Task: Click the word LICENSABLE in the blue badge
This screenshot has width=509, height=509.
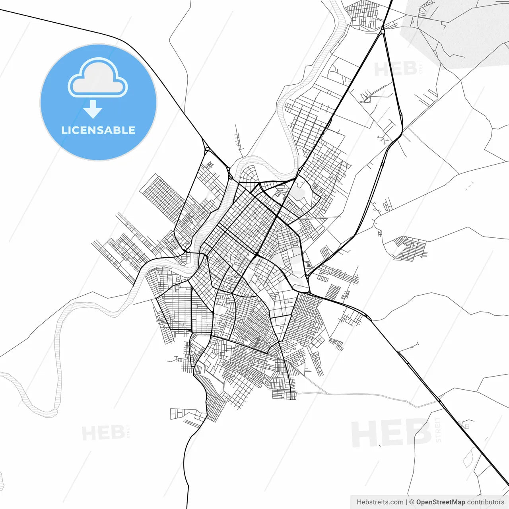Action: click(x=98, y=130)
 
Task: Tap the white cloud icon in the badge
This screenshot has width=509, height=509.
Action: click(x=98, y=78)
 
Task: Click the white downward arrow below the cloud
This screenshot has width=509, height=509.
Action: click(x=93, y=109)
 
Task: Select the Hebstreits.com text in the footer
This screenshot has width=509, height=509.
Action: click(x=380, y=502)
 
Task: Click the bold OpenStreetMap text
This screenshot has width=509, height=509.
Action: click(x=441, y=502)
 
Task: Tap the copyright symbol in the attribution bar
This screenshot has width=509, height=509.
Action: click(x=412, y=502)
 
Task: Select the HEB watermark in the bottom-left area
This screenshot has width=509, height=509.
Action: click(x=103, y=433)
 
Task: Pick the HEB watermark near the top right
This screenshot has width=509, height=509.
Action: click(x=395, y=69)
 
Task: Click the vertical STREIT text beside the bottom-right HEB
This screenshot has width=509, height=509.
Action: click(x=438, y=429)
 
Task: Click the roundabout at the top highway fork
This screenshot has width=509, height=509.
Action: click(x=383, y=31)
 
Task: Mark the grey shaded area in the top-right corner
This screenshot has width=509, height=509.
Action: click(x=457, y=32)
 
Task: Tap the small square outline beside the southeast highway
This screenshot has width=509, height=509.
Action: click(x=467, y=426)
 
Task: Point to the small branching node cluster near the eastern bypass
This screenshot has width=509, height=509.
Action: click(x=383, y=139)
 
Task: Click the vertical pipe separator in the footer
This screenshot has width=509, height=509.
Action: click(x=406, y=502)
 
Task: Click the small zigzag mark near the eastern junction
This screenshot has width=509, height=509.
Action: click(x=308, y=264)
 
